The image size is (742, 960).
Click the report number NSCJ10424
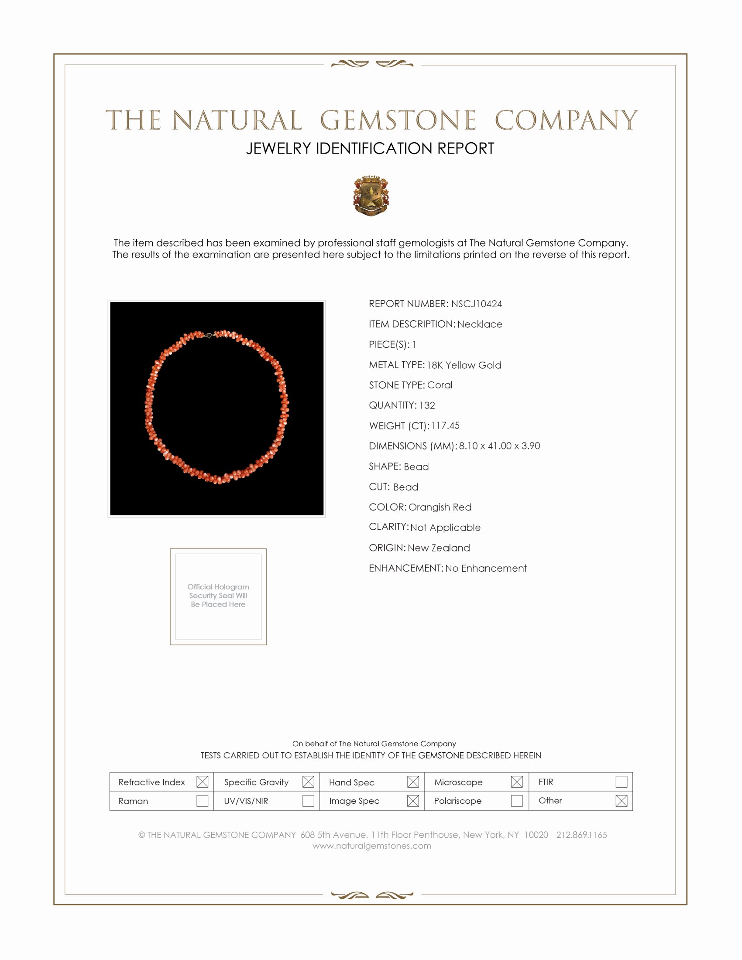477,304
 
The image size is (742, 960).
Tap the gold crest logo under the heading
371,196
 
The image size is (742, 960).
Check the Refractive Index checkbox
202,782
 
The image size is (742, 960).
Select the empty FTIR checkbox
621,782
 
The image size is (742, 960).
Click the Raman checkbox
202,800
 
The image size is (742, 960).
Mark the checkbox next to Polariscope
517,800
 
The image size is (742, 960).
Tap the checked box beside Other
621,800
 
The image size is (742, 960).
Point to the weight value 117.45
445,425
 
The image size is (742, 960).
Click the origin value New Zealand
439,548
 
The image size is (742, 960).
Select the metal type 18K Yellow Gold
464,365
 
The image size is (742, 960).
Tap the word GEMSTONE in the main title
398,120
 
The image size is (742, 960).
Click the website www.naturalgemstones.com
372,846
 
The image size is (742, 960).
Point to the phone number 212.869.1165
581,835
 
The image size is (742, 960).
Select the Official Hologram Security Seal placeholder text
218,596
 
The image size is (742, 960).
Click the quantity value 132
427,405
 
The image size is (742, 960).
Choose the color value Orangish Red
440,507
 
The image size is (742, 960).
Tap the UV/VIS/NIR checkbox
308,800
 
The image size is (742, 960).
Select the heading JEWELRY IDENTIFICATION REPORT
370,148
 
